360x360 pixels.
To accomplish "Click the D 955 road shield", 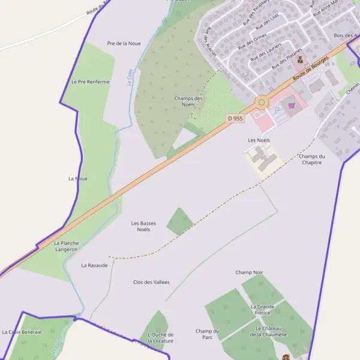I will click(236, 119).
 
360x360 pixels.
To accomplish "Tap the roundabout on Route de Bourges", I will click(261, 103).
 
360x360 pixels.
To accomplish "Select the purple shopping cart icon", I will click(292, 106).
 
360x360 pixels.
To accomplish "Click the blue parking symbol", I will click(277, 110).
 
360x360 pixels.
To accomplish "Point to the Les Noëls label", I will click(259, 140).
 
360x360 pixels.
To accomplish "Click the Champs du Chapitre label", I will click(311, 159).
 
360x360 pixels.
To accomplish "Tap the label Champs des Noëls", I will click(188, 101).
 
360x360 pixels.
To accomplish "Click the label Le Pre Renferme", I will click(91, 82).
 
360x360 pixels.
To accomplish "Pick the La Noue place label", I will click(78, 178).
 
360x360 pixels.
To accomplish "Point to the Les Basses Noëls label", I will click(143, 226).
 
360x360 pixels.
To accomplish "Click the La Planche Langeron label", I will click(66, 245).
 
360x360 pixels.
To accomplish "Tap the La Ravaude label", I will click(95, 265).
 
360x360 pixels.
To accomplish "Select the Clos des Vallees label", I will click(151, 282).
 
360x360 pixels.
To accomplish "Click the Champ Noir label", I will click(249, 272).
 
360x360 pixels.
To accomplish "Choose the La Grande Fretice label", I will click(262, 310).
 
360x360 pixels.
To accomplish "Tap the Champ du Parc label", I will click(208, 334).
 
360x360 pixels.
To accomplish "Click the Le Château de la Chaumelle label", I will click(271, 331).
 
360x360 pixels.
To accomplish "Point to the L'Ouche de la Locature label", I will click(160, 337).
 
